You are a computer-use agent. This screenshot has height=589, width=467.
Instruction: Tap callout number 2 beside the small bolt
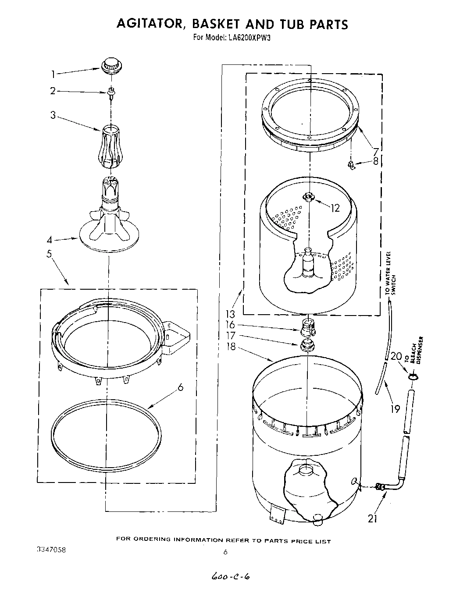(x=53, y=91)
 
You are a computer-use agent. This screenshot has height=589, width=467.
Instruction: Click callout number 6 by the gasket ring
(x=181, y=388)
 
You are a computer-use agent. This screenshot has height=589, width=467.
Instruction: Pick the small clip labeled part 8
(x=351, y=164)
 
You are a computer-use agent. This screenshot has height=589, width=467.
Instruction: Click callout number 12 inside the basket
(x=335, y=208)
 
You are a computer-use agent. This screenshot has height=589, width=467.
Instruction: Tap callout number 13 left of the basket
(x=231, y=314)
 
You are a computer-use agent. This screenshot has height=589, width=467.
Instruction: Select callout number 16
(x=231, y=325)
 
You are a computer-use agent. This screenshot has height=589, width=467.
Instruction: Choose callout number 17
(x=231, y=336)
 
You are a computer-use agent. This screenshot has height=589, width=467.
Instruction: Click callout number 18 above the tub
(x=231, y=347)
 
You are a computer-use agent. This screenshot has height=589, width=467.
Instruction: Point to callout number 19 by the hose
(x=396, y=409)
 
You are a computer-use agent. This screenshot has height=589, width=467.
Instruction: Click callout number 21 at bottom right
(x=373, y=518)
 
